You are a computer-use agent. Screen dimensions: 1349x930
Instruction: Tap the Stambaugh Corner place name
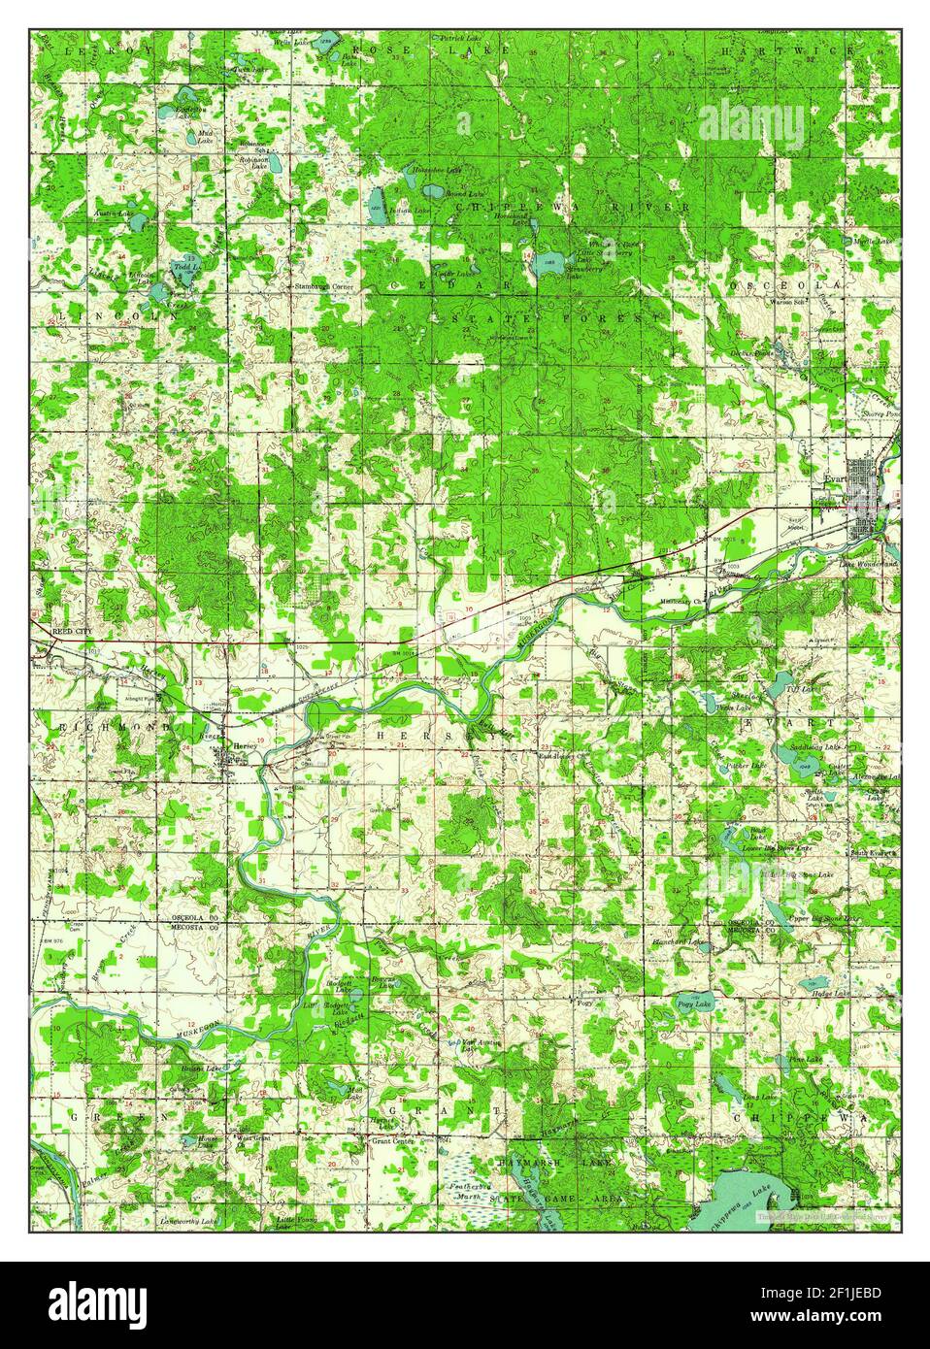[323, 287]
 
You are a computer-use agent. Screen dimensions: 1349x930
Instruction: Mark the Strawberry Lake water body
[550, 262]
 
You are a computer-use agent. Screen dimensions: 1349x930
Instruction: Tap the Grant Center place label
[392, 1141]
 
